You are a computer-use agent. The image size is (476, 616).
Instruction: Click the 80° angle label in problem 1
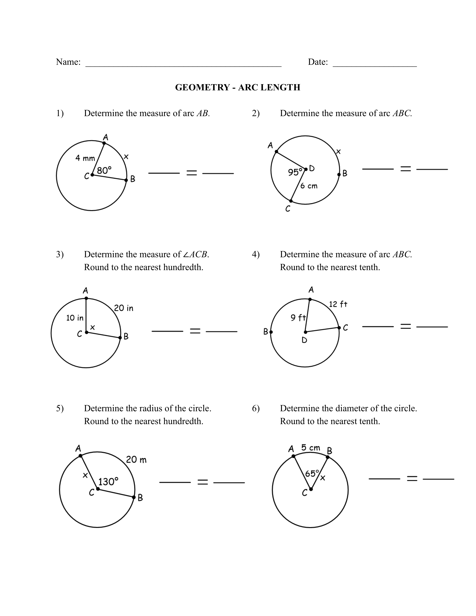pyautogui.click(x=104, y=170)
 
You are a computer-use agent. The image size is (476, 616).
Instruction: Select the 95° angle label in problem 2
pyautogui.click(x=295, y=172)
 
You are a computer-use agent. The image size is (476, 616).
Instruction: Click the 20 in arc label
pyautogui.click(x=124, y=308)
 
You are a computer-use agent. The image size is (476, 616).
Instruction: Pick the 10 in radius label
pyautogui.click(x=75, y=318)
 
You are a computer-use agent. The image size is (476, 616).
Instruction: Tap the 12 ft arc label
pyautogui.click(x=338, y=304)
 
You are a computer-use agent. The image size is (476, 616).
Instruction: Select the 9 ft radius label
pyautogui.click(x=298, y=318)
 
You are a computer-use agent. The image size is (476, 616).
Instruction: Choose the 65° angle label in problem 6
pyautogui.click(x=312, y=473)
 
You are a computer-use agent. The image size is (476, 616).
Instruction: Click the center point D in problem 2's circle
pyautogui.click(x=306, y=169)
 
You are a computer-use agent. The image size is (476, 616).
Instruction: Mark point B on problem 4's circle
pyautogui.click(x=271, y=332)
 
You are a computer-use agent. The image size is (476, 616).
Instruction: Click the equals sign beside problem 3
pyautogui.click(x=195, y=331)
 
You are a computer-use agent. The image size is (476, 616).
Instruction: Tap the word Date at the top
pyautogui.click(x=318, y=62)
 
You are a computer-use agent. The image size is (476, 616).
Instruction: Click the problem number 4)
pyautogui.click(x=256, y=254)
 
